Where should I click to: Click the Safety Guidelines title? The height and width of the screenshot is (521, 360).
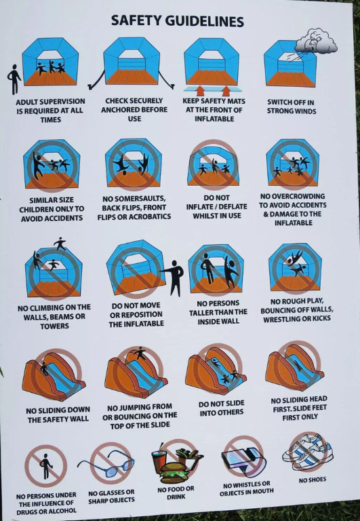pyautogui.click(x=177, y=22)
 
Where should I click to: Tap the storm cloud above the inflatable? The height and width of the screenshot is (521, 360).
pyautogui.click(x=317, y=41)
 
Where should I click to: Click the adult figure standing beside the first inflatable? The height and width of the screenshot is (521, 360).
pyautogui.click(x=14, y=79)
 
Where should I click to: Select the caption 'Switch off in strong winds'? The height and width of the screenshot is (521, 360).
pyautogui.click(x=291, y=107)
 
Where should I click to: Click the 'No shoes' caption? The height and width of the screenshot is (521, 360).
pyautogui.click(x=312, y=480)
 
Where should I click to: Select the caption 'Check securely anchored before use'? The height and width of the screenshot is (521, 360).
pyautogui.click(x=134, y=110)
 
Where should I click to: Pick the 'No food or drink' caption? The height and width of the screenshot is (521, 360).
pyautogui.click(x=176, y=493)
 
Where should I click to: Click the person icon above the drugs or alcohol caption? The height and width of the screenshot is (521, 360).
pyautogui.click(x=45, y=466)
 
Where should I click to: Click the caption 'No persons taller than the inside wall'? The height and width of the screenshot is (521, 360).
pyautogui.click(x=218, y=312)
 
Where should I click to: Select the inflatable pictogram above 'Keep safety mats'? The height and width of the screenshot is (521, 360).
pyautogui.click(x=212, y=63)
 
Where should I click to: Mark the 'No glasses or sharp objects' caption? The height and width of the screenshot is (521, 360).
pyautogui.click(x=111, y=497)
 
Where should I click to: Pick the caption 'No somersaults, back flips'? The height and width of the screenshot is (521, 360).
pyautogui.click(x=134, y=208)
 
